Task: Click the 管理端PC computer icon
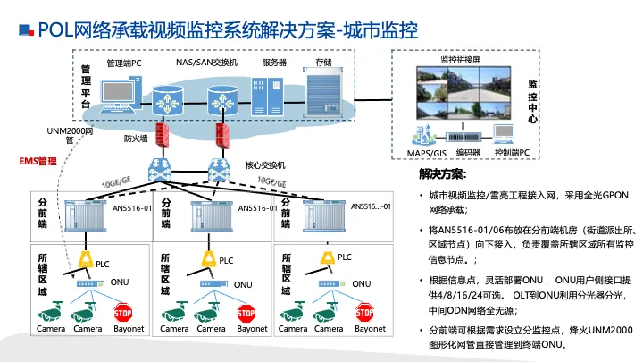click(x=121, y=95)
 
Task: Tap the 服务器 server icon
click(x=267, y=97)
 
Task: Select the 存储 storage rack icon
click(x=323, y=92)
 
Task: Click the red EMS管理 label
click(x=38, y=161)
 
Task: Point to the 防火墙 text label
click(x=136, y=139)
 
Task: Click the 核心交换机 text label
click(x=265, y=165)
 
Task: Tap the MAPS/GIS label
click(x=427, y=153)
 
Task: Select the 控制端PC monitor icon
click(x=504, y=134)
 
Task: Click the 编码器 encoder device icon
click(x=463, y=137)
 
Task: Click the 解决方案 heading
click(x=442, y=174)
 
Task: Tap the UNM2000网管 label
click(x=70, y=136)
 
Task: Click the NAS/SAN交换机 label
click(x=206, y=63)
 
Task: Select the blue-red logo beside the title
click(x=26, y=30)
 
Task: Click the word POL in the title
click(x=55, y=30)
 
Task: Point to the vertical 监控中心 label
click(x=532, y=102)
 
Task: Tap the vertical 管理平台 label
click(x=86, y=87)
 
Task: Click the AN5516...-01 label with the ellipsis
click(x=371, y=206)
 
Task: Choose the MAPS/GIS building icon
click(x=423, y=134)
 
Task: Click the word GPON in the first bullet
click(x=615, y=195)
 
